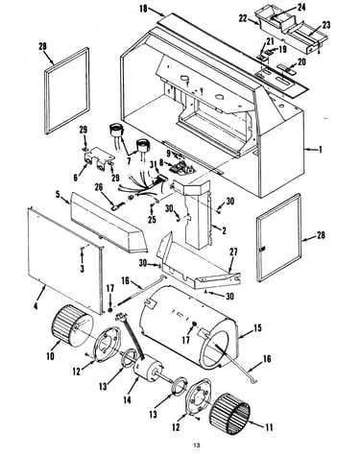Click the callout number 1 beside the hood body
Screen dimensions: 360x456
click(x=321, y=150)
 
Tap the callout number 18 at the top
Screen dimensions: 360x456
click(x=143, y=9)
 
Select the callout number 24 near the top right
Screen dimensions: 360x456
click(x=301, y=7)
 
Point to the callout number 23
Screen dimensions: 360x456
click(x=326, y=25)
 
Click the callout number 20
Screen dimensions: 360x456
click(x=301, y=61)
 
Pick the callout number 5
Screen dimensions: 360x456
click(x=58, y=195)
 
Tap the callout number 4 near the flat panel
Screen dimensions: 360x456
click(x=36, y=306)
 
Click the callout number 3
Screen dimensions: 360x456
click(x=83, y=268)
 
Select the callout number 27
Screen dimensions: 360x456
click(x=233, y=252)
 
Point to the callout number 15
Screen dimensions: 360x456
click(x=257, y=328)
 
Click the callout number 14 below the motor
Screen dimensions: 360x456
click(x=127, y=399)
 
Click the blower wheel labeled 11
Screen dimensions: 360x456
click(x=229, y=411)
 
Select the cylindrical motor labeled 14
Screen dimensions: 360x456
click(x=148, y=371)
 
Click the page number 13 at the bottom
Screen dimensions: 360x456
click(x=197, y=445)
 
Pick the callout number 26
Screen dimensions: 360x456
click(x=99, y=187)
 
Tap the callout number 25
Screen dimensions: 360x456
click(x=152, y=219)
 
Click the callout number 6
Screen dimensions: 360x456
click(x=76, y=178)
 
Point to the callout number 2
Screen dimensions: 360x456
click(x=224, y=230)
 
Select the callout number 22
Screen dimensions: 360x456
click(x=243, y=18)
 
